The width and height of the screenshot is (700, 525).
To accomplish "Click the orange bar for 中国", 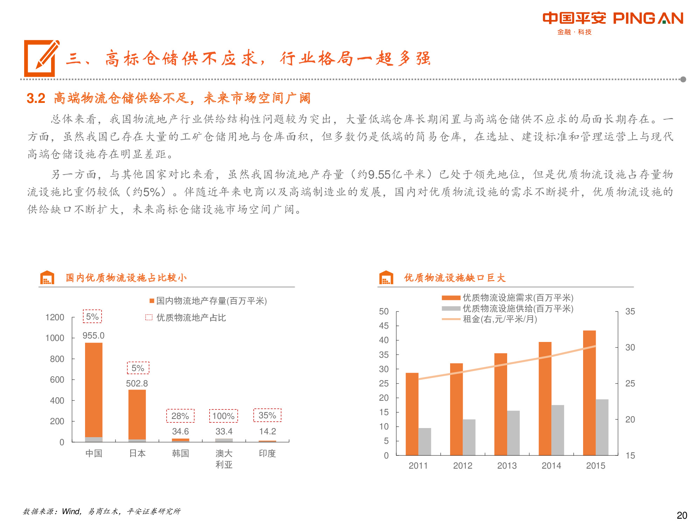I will (x=94, y=388).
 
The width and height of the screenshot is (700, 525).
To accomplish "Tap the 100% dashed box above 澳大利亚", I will (x=224, y=416).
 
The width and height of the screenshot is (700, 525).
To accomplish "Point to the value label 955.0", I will (x=93, y=335).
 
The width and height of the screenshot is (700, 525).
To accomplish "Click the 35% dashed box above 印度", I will (x=267, y=415).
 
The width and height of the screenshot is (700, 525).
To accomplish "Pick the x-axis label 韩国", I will (x=181, y=453).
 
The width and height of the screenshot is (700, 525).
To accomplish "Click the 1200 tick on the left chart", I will (x=55, y=317).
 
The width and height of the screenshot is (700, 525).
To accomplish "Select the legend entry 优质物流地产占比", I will (x=191, y=317).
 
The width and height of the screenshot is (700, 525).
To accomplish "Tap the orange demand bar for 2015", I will (x=589, y=392).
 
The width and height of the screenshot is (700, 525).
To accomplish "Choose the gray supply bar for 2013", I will (x=513, y=433).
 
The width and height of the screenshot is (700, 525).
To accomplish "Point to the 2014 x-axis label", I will (x=551, y=465).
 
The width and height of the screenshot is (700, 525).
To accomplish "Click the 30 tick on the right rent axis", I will (x=630, y=347).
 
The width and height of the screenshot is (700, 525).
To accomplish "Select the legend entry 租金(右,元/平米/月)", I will (x=500, y=319).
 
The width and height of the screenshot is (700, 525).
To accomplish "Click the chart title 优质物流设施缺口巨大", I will (x=455, y=278).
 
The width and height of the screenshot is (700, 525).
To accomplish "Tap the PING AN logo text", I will (x=648, y=18).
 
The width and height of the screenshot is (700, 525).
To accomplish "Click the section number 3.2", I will (x=36, y=98).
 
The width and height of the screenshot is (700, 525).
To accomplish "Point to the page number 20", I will (x=682, y=515).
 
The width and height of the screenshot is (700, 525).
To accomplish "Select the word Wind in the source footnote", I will (x=71, y=511).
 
